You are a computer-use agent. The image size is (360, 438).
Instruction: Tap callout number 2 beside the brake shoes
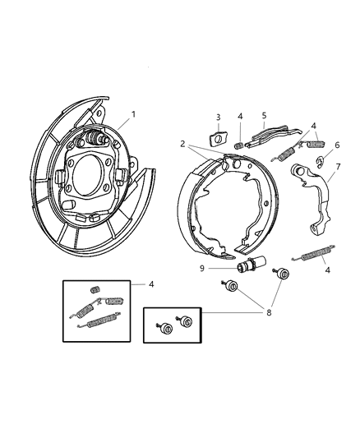click(x=182, y=143)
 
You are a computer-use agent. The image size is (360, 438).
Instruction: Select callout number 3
click(x=219, y=117)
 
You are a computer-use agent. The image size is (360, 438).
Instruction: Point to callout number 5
click(x=265, y=117)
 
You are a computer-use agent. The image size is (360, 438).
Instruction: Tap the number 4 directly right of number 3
click(x=240, y=117)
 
